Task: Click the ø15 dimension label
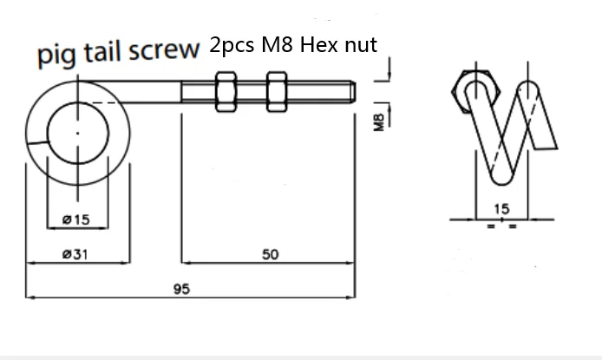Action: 77,220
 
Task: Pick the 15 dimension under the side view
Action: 501,209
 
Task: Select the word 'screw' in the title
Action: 165,52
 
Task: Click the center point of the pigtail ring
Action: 78,133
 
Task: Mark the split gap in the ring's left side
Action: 36,140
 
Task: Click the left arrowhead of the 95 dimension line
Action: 30,298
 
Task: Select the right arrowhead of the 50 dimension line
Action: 354,261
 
